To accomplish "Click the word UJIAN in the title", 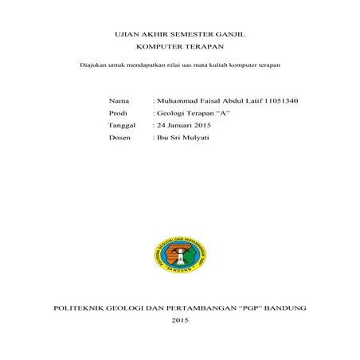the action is tap(129, 36).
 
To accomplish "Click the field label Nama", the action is tap(118, 101).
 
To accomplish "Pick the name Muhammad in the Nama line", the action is tap(178, 101).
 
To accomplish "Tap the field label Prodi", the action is tap(118, 114).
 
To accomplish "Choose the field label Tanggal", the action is tap(121, 126).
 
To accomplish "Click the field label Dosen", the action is tap(119, 139).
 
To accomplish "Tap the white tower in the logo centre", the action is tap(179, 253).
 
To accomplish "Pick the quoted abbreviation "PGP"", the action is tap(244, 307).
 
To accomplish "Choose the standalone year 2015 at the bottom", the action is tap(180, 320).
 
